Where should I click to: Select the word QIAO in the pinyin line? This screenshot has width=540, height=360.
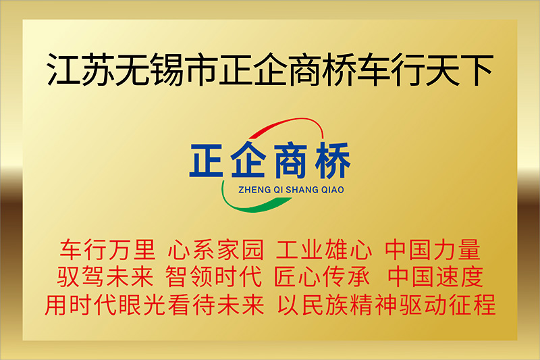333,190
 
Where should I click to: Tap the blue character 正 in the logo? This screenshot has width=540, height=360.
206,160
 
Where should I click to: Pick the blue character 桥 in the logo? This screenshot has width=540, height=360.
333,160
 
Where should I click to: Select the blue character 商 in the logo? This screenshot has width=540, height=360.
290,160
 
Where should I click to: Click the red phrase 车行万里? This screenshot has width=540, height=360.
107,249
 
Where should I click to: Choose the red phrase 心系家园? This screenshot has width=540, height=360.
215,249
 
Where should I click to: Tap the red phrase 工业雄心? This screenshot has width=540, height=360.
324,249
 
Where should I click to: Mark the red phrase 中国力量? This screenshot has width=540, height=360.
433,249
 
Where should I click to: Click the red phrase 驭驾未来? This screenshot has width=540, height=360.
105,276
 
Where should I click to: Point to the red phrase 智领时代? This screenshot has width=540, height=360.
213,276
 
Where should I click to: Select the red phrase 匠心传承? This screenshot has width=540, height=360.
322,276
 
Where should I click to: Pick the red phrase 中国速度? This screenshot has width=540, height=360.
435,276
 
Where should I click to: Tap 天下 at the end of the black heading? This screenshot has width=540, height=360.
459,69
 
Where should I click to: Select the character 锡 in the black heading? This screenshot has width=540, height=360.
167,69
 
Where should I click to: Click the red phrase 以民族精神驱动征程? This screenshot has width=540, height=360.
386,305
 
